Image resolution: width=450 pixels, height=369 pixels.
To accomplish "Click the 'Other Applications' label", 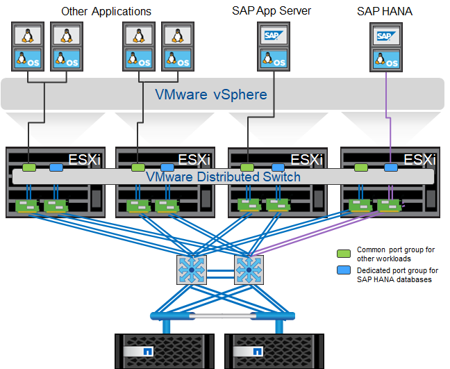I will pos(106,11).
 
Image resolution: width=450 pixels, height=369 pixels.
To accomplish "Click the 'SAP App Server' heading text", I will pos(272,11).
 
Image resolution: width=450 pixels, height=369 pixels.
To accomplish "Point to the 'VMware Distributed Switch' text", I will pos(223,177).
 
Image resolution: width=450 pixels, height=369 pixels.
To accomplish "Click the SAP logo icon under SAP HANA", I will pos(385,35).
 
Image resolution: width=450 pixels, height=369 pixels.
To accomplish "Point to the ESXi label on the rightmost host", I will pos(420,160).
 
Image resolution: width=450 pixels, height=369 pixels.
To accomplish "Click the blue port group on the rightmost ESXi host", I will pos(392,167).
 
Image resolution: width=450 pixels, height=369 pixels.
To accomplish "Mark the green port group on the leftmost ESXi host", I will pos(28,167).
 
